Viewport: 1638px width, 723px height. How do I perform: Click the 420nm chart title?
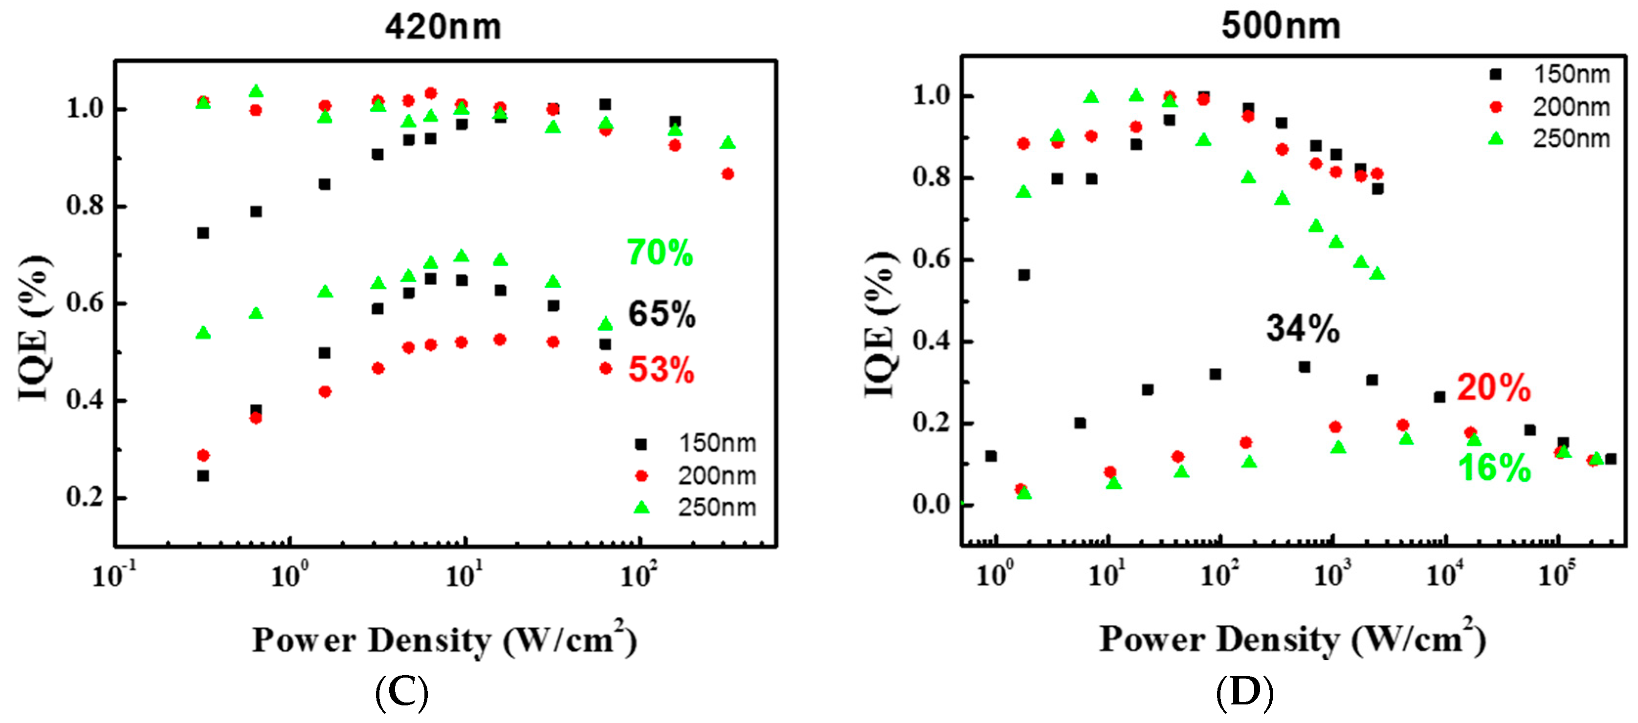coord(443,27)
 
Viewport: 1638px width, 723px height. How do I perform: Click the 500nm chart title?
coord(1280,27)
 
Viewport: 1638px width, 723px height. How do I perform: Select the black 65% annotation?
coord(661,314)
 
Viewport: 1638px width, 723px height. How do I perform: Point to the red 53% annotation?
coord(661,369)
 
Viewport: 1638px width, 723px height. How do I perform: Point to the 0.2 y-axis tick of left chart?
coord(85,497)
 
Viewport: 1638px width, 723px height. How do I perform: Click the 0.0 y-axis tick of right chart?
coord(931,505)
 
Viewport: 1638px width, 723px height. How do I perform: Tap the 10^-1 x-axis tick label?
coord(114,575)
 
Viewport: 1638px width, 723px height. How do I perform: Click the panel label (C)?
coord(401,693)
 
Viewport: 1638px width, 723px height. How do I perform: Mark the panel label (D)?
coord(1244,693)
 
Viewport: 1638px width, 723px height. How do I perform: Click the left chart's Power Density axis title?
coord(444,640)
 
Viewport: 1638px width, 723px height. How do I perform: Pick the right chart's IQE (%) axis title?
coord(881,324)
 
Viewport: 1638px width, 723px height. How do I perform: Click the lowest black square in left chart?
coord(203,476)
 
